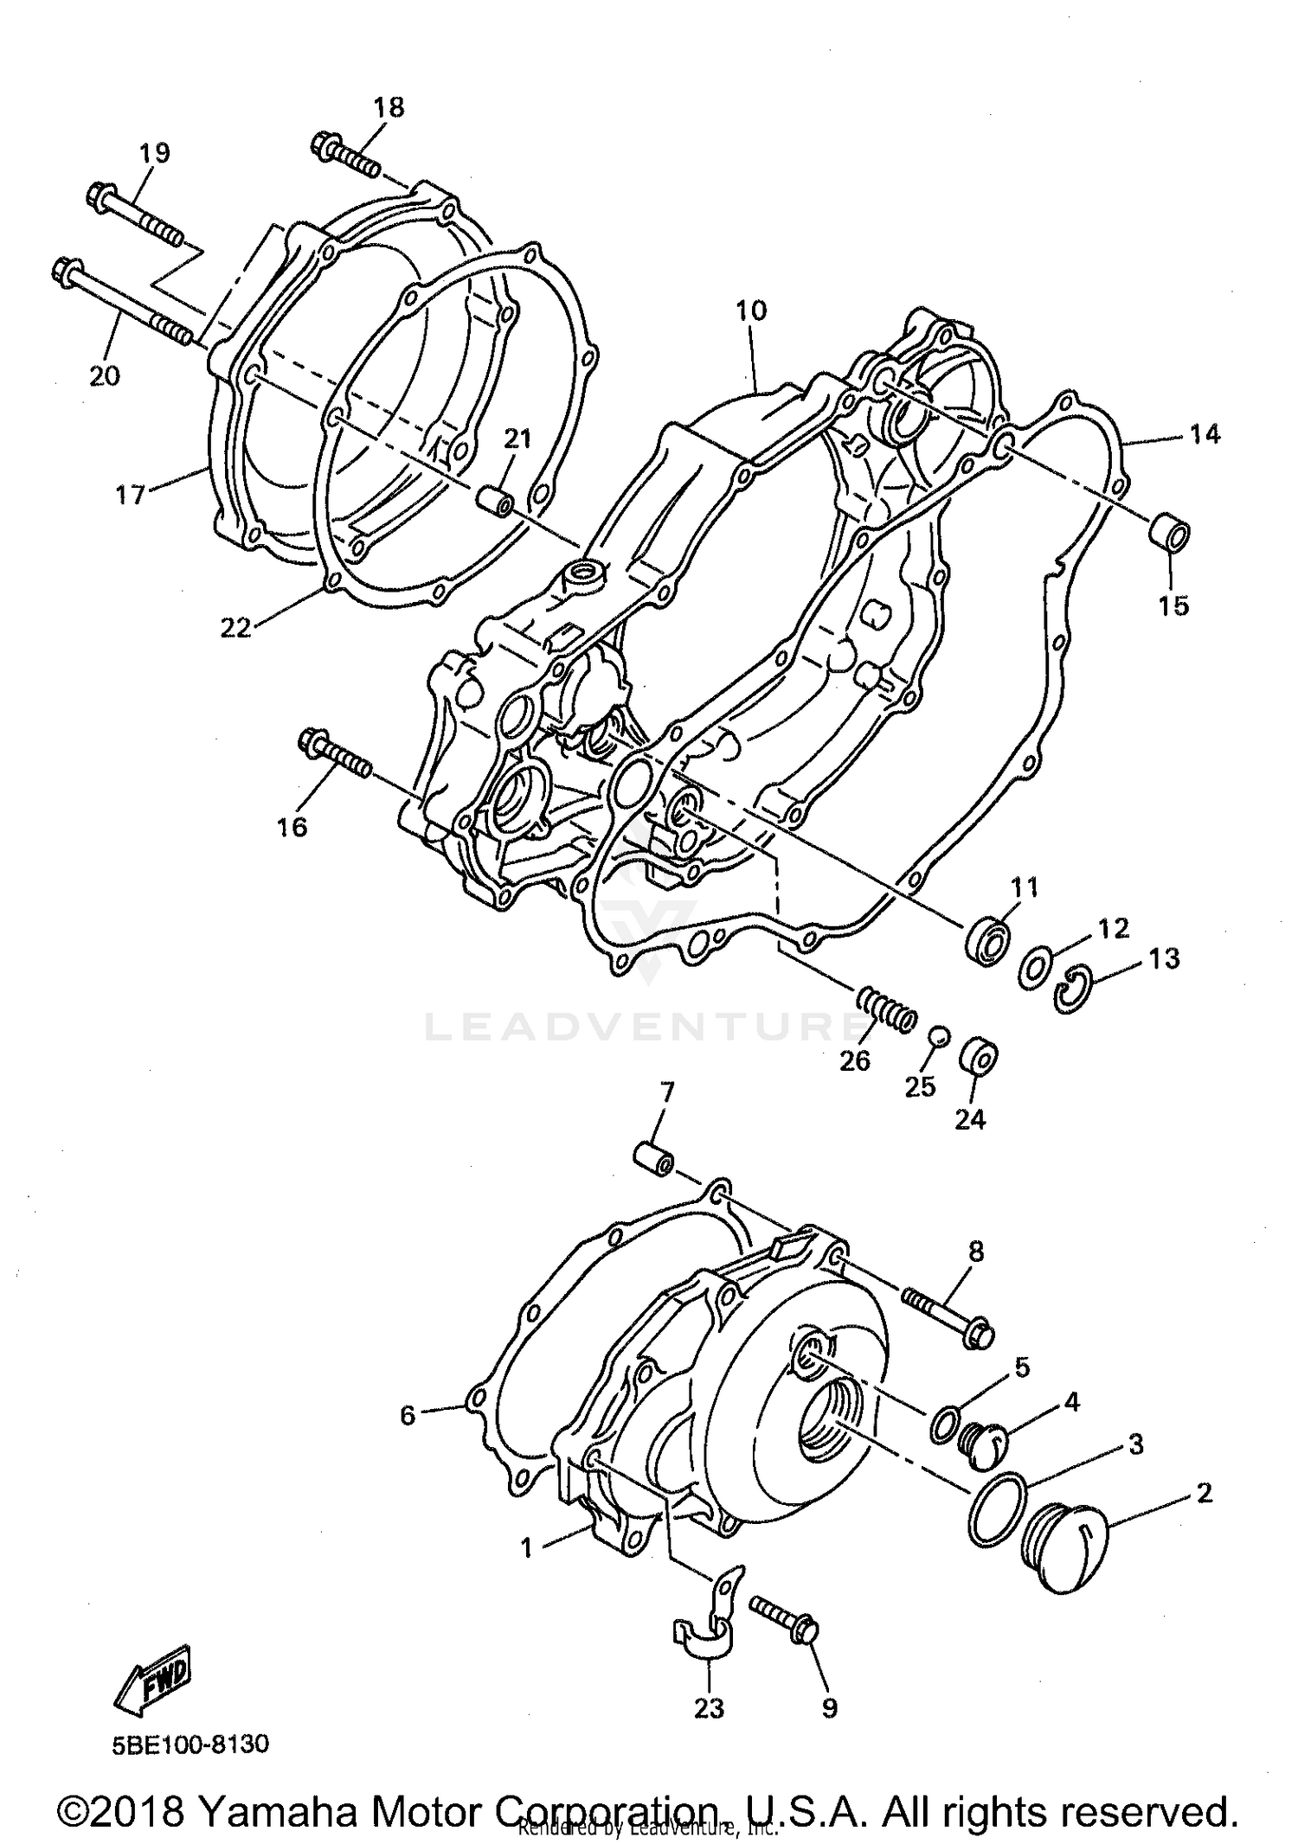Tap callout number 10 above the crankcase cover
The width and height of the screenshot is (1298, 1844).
click(x=751, y=311)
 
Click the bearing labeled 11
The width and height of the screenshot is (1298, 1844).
click(x=988, y=936)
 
